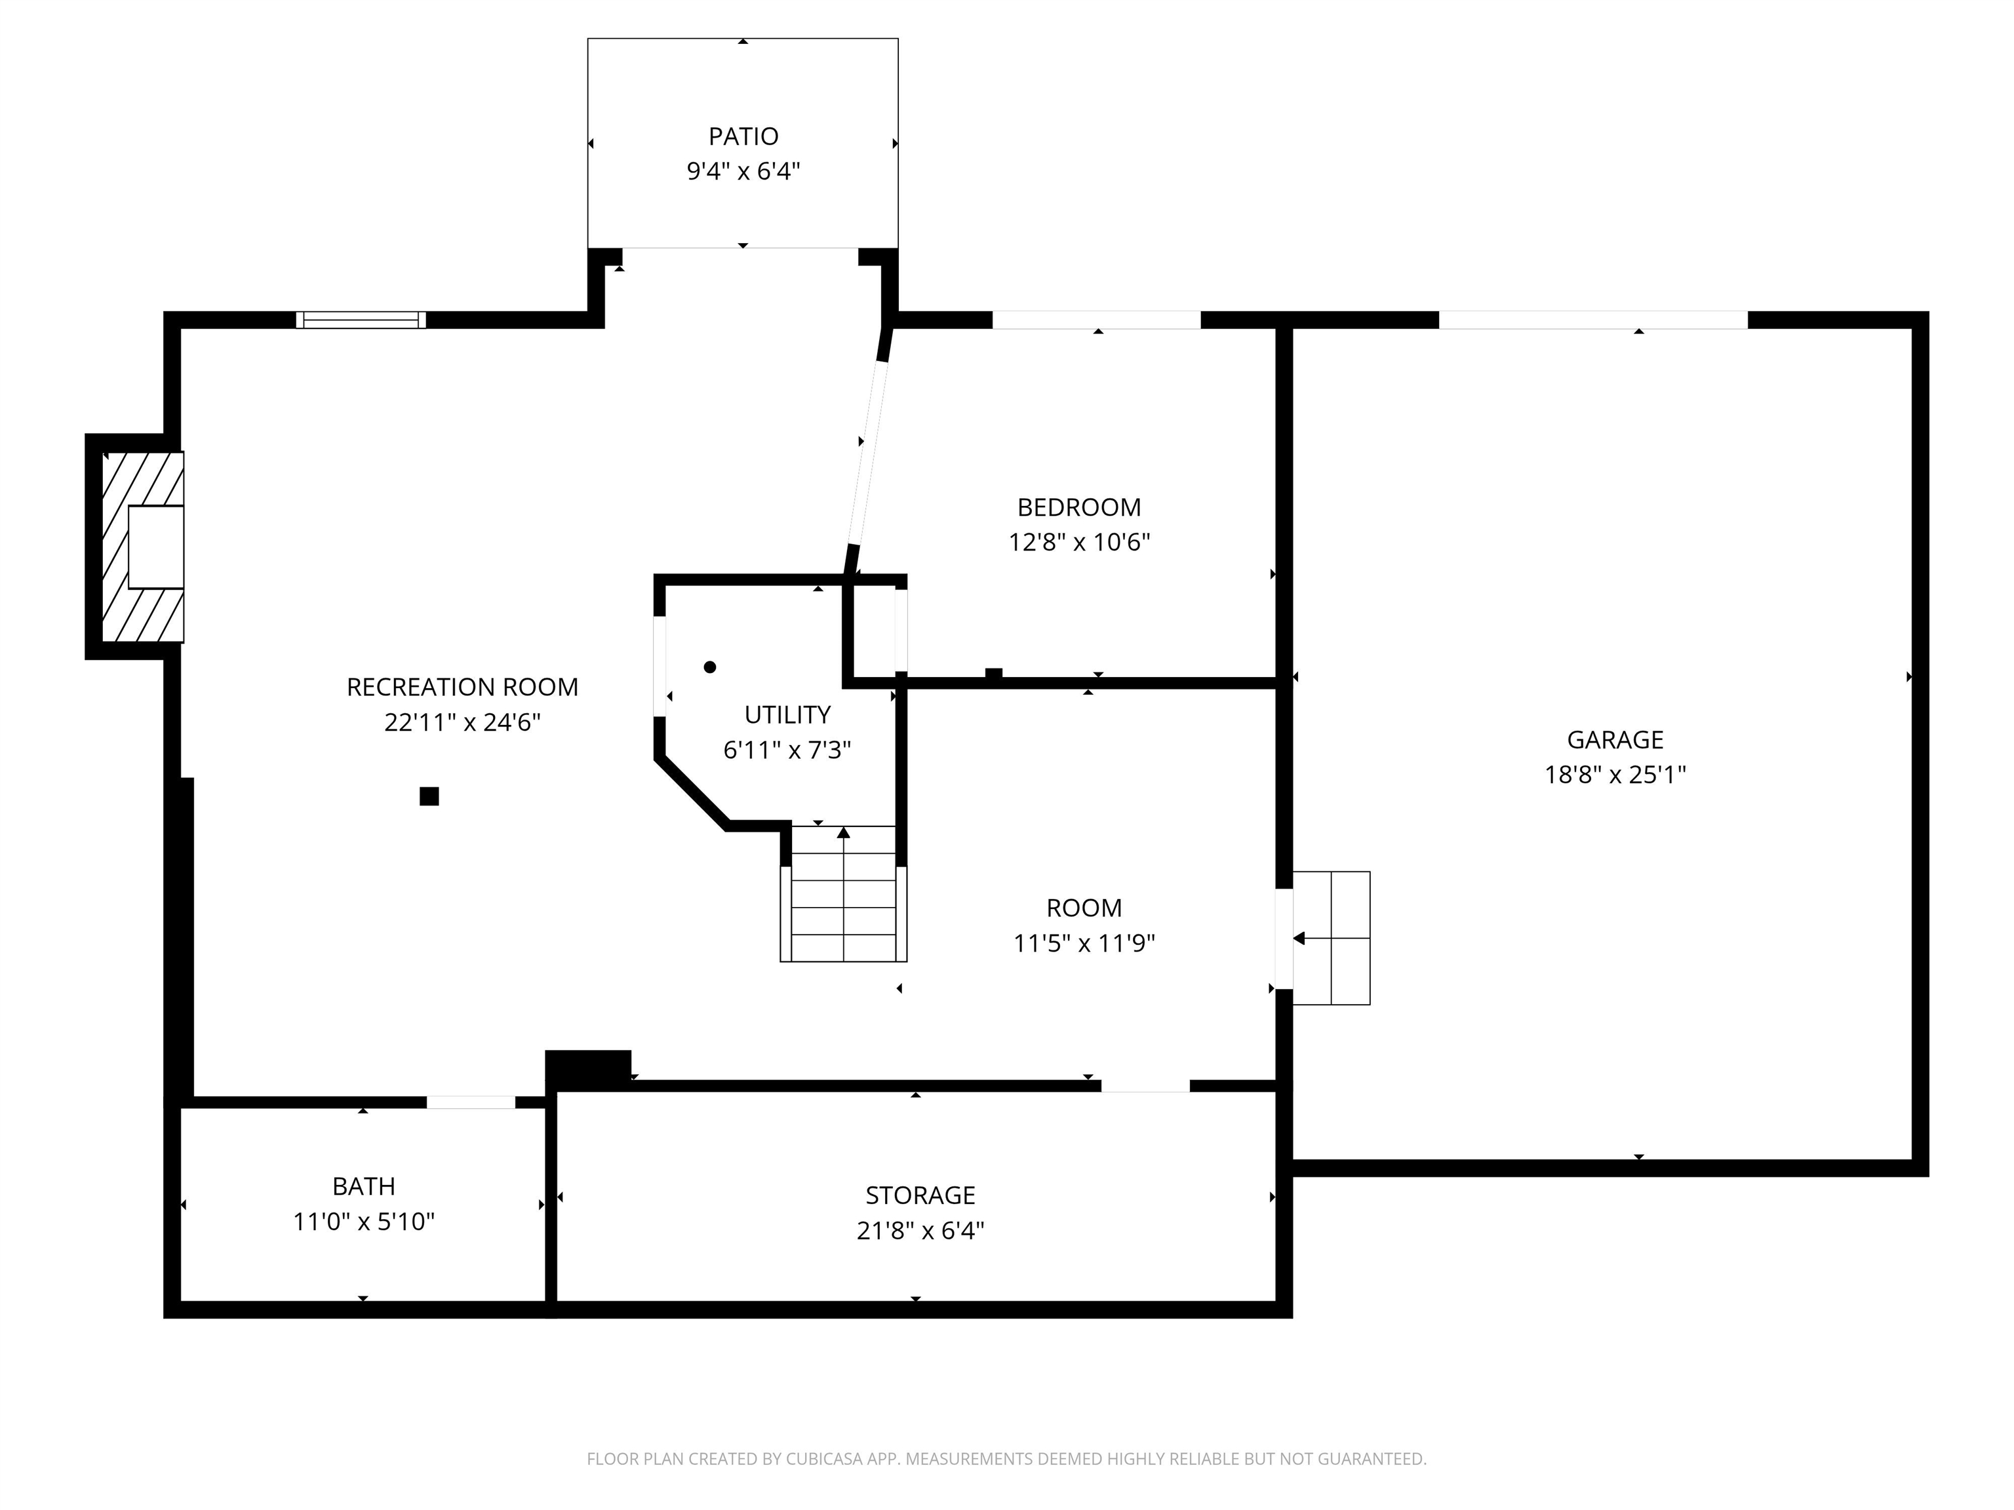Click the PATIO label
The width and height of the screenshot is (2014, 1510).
click(x=743, y=136)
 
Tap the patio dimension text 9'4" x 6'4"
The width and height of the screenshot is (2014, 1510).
click(x=743, y=171)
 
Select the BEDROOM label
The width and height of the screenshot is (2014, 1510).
click(x=1079, y=507)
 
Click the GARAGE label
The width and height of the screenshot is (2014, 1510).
click(x=1614, y=739)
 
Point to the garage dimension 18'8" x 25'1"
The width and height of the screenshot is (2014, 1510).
click(x=1614, y=775)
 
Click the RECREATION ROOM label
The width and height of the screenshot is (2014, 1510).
click(x=462, y=687)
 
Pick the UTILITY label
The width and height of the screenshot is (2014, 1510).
click(x=787, y=714)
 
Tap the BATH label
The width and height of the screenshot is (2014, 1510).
click(x=363, y=1186)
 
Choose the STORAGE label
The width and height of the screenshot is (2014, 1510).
click(x=920, y=1195)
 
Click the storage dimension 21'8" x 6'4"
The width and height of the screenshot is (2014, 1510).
click(x=920, y=1231)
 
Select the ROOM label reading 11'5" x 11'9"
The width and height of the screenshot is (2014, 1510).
click(x=1084, y=925)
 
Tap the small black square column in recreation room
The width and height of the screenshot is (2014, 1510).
click(x=429, y=796)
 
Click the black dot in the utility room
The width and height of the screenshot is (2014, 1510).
click(x=709, y=667)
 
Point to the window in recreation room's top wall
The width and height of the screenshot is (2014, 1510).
click(x=361, y=319)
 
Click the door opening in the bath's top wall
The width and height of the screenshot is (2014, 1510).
click(x=471, y=1102)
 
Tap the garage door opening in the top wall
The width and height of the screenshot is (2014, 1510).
click(x=1592, y=319)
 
